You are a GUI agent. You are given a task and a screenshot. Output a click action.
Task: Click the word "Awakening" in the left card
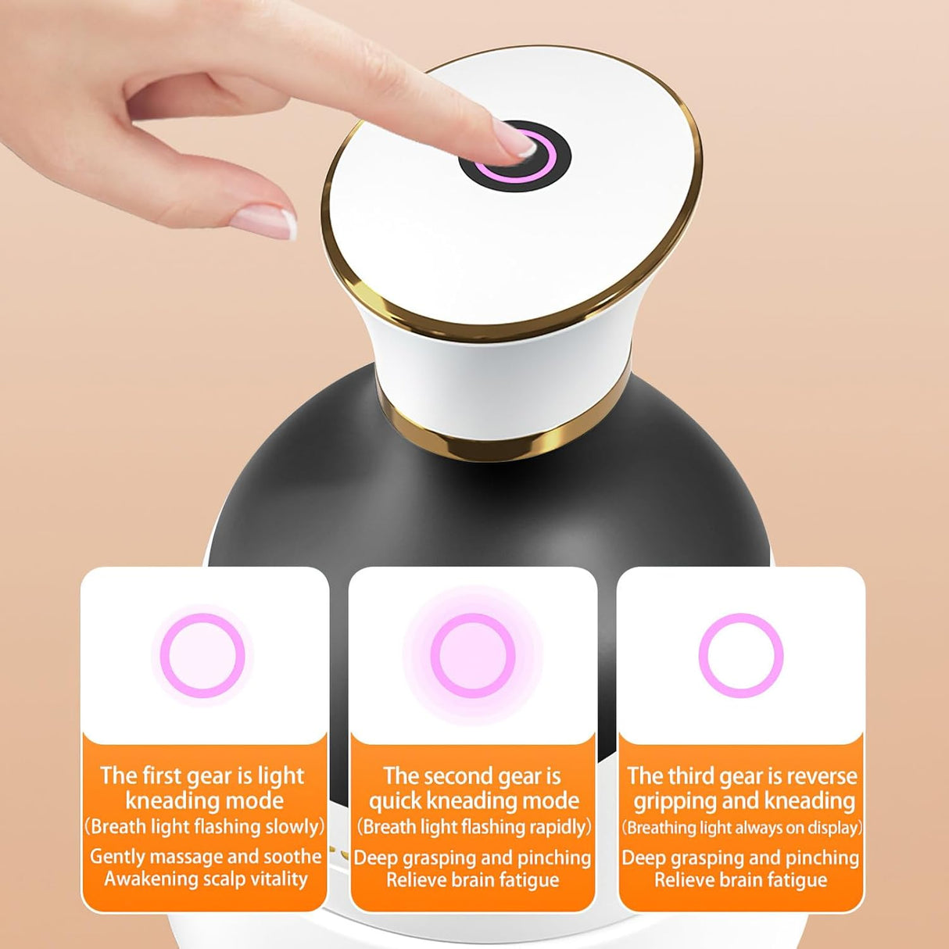(145, 879)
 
